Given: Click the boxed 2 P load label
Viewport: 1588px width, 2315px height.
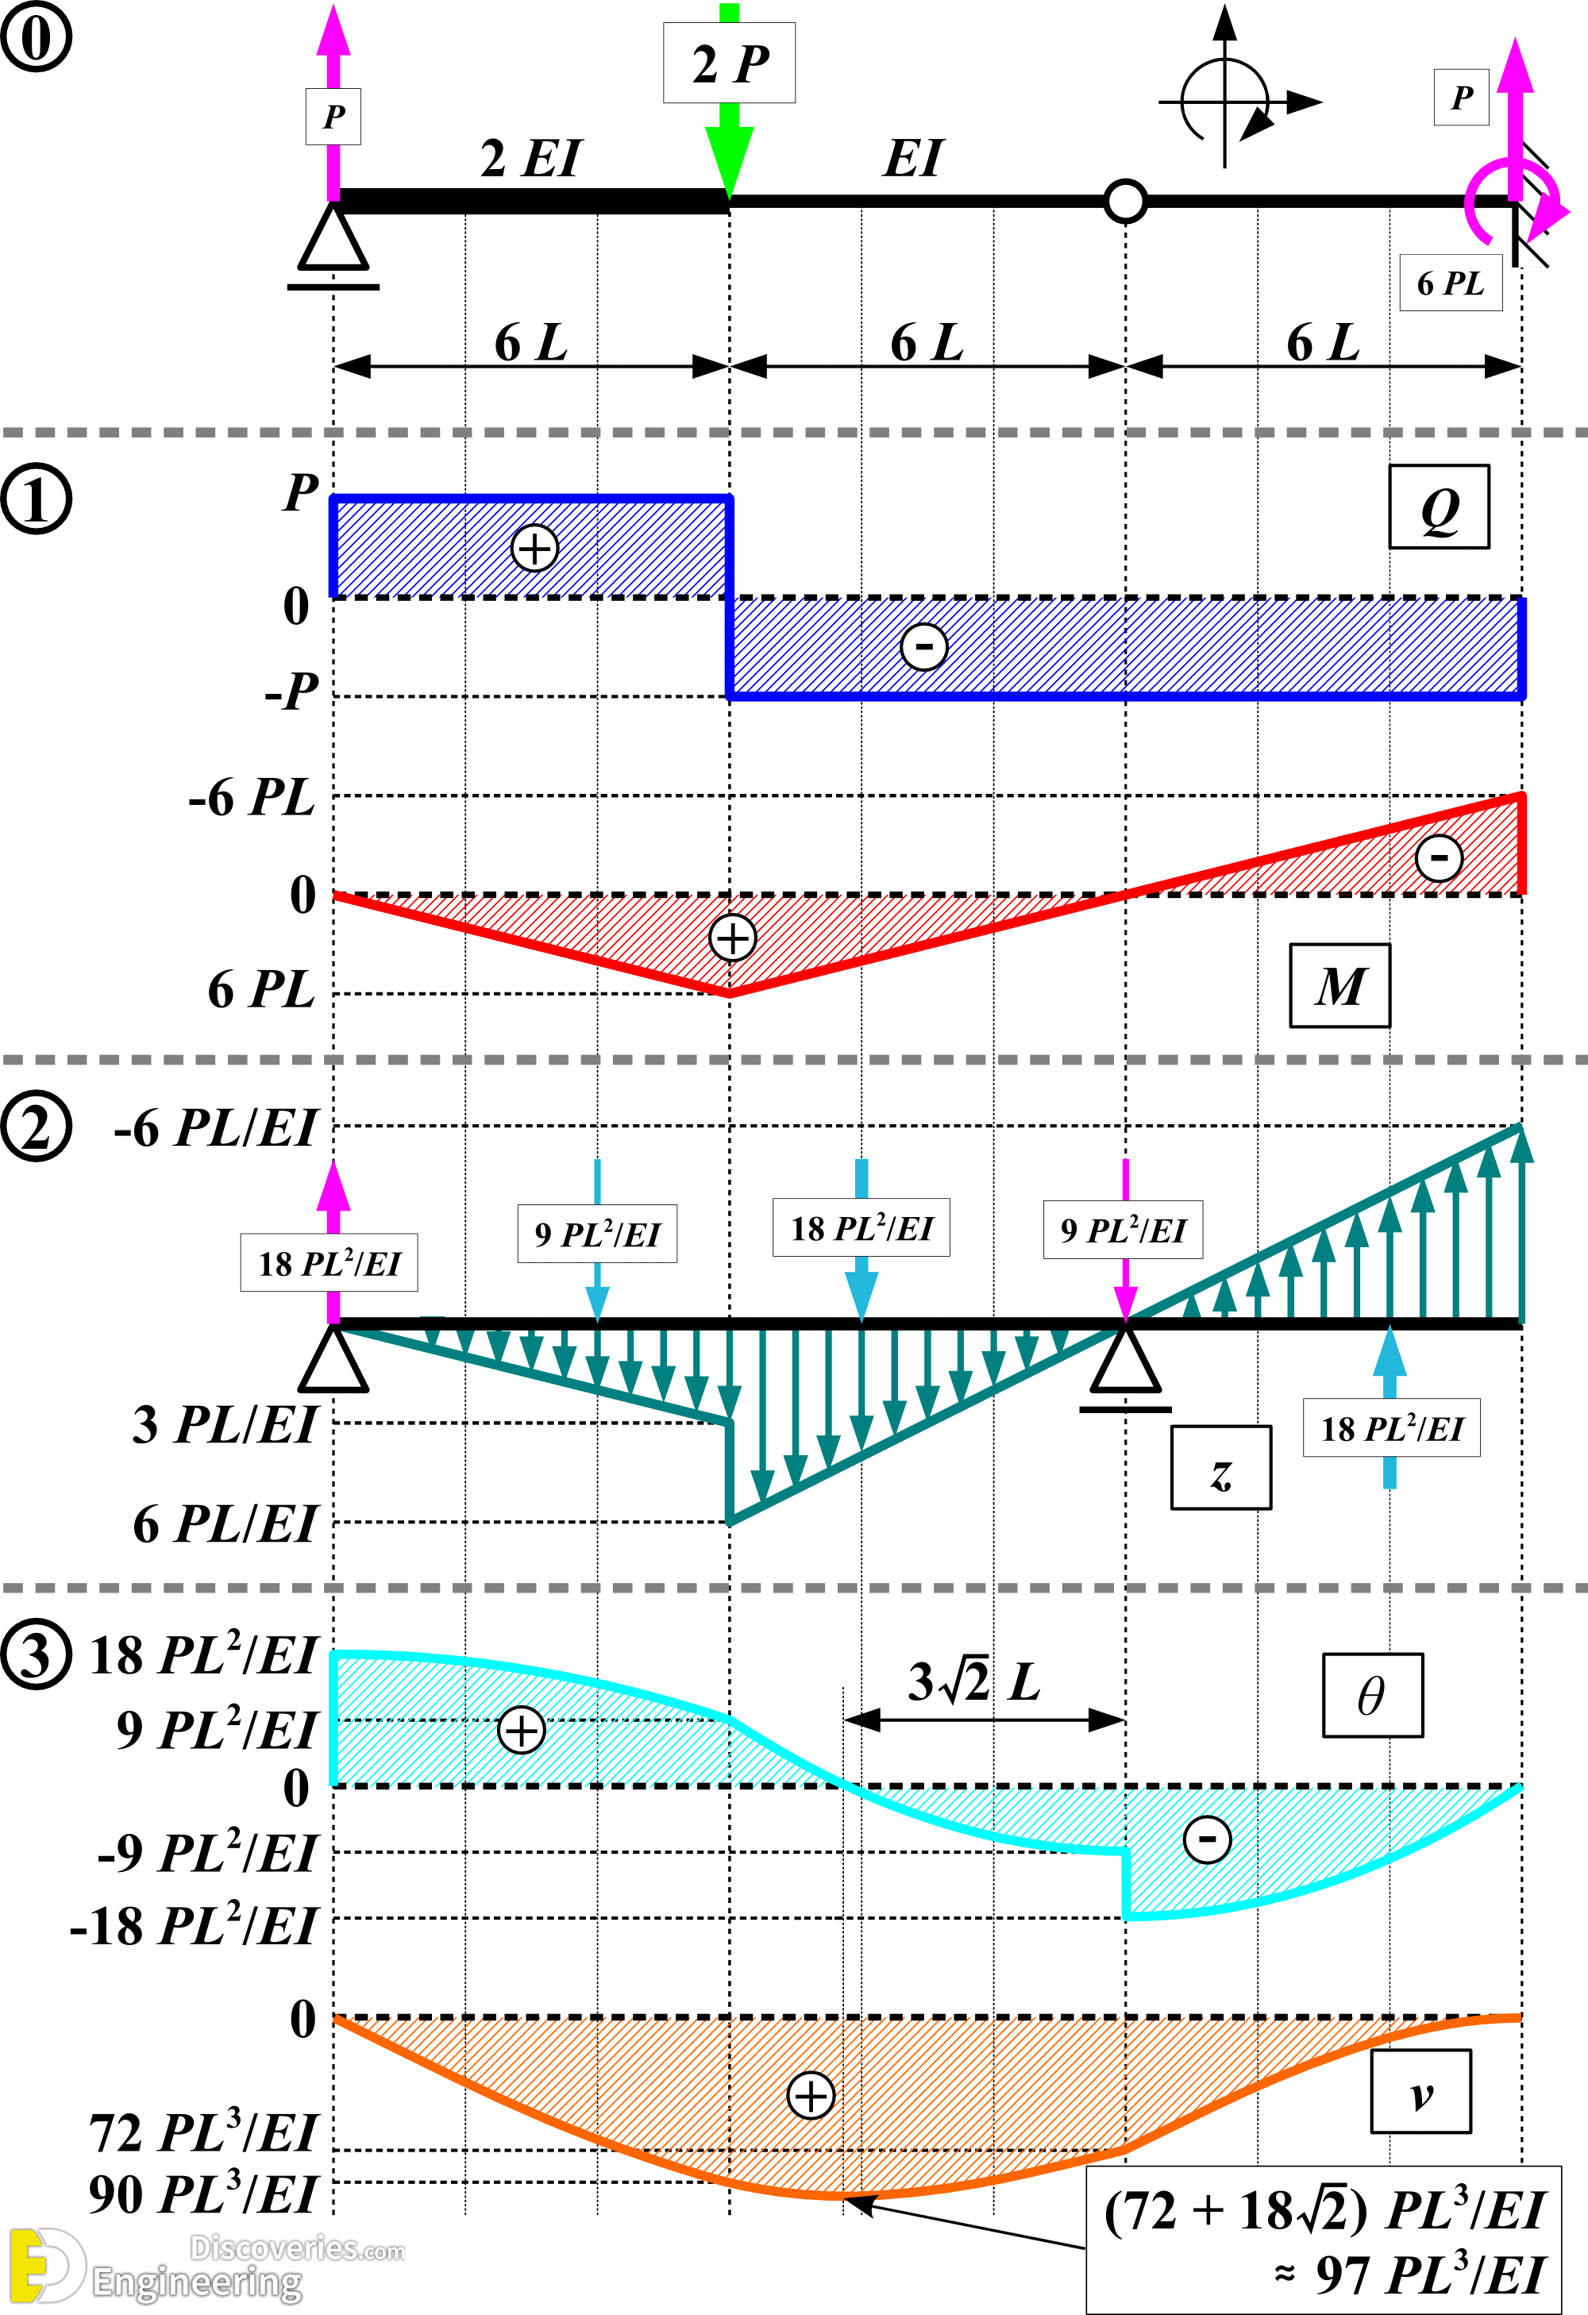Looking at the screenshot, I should pyautogui.click(x=729, y=64).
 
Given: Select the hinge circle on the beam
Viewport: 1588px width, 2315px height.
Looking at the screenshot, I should pyautogui.click(x=1126, y=200).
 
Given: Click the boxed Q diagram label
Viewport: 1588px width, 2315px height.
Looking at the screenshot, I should pyautogui.click(x=1439, y=508).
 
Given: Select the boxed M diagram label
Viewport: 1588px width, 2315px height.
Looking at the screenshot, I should pyautogui.click(x=1339, y=986).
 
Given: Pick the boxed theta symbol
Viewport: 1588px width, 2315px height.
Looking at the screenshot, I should pyautogui.click(x=1372, y=1696).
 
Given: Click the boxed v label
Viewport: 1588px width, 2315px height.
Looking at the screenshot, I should pyautogui.click(x=1420, y=2092).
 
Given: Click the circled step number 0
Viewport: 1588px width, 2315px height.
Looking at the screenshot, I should pyautogui.click(x=36, y=37).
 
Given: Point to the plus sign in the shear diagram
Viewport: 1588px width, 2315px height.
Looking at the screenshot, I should pyautogui.click(x=534, y=548).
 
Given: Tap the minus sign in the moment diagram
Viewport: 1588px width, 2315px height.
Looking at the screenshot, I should pyautogui.click(x=1439, y=857).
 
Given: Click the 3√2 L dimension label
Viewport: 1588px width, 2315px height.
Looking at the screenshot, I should pyautogui.click(x=973, y=1682).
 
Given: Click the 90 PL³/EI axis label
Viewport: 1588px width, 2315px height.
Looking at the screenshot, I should pyautogui.click(x=202, y=2194).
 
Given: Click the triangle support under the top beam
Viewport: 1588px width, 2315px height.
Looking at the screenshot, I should pyautogui.click(x=333, y=239).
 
